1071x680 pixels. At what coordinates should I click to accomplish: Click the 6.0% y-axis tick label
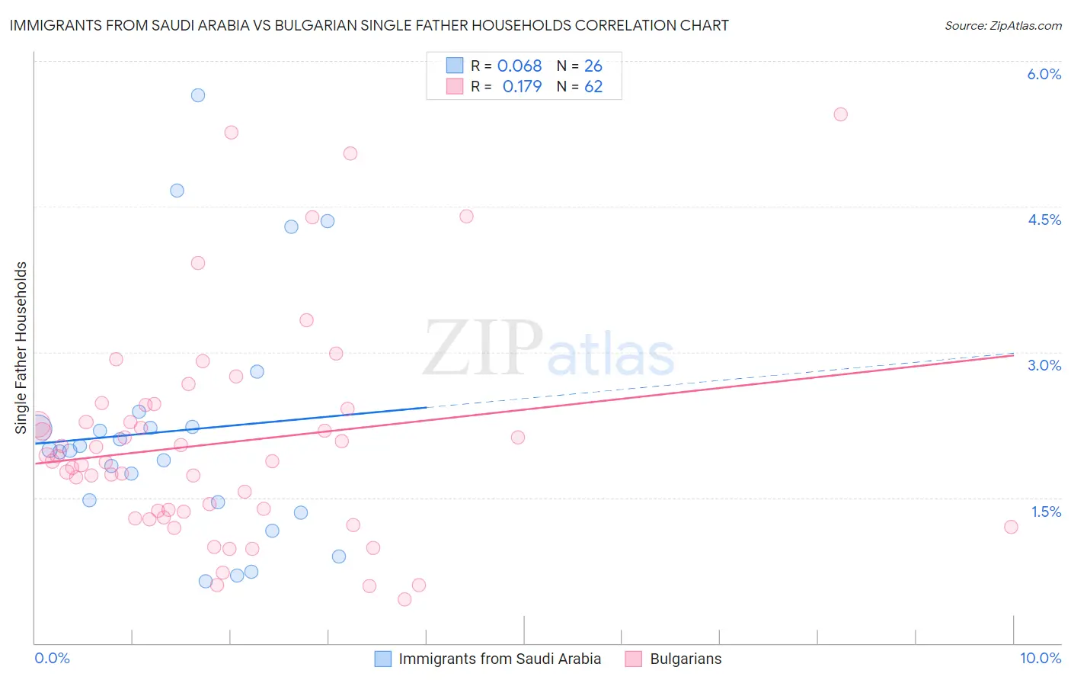[x=1044, y=74]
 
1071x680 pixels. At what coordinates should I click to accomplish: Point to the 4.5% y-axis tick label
[x=1044, y=220]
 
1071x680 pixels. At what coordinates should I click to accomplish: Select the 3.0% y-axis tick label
[x=1044, y=365]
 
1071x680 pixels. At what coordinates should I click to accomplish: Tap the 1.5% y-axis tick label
[x=1046, y=512]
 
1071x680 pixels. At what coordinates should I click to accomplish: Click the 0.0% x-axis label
[x=52, y=658]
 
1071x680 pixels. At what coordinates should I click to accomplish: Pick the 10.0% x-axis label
[x=1040, y=658]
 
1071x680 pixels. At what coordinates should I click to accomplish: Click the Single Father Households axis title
[x=21, y=348]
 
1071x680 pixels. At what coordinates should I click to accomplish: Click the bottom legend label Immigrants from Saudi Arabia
[x=500, y=659]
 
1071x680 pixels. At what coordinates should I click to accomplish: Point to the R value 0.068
[x=520, y=66]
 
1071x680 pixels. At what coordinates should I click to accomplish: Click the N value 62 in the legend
[x=593, y=86]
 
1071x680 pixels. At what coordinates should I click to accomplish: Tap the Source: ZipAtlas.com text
[x=1002, y=25]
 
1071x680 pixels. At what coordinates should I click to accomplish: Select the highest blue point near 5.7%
[x=198, y=95]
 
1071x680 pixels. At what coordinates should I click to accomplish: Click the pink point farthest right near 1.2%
[x=1011, y=527]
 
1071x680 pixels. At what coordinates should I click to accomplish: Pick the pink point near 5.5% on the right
[x=840, y=114]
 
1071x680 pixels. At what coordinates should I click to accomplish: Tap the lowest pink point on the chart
[x=404, y=599]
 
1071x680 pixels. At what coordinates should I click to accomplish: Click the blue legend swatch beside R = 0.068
[x=455, y=66]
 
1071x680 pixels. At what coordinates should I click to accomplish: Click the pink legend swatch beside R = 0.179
[x=455, y=86]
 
